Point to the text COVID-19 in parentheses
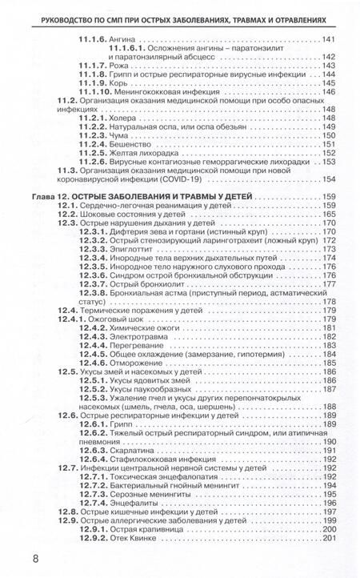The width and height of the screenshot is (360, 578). point(185,179)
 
